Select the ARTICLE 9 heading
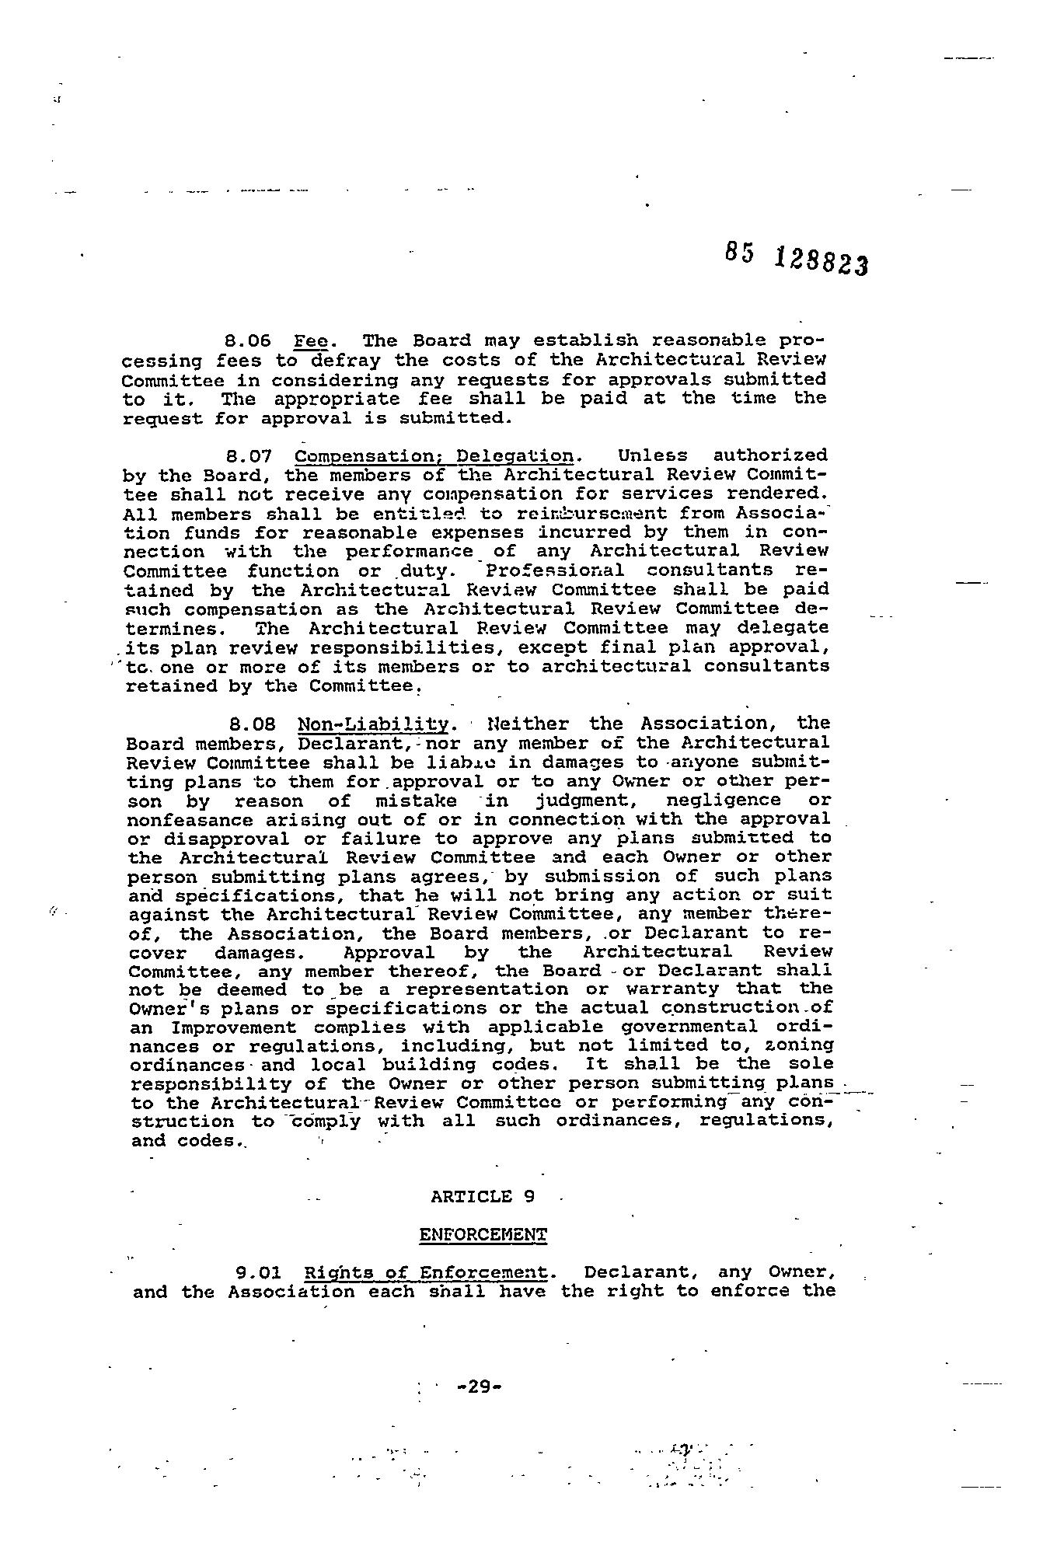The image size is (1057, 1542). pos(483,1196)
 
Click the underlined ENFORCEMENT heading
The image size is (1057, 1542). pos(483,1235)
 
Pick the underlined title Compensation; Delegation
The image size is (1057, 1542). pos(434,456)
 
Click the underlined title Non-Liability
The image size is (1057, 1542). pos(373,725)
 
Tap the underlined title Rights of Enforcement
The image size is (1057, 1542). pos(425,1273)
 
